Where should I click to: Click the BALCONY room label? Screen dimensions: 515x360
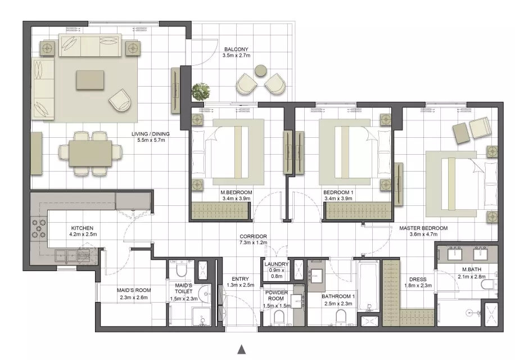point(236,49)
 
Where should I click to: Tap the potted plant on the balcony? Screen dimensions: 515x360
point(201,92)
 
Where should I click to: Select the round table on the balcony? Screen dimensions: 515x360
point(261,71)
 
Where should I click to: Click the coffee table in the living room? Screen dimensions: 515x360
point(91,80)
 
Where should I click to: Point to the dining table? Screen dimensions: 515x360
point(90,154)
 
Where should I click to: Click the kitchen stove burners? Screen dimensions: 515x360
point(38,228)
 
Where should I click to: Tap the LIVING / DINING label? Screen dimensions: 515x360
point(151,134)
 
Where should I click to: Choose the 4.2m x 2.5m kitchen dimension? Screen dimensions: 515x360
point(83,234)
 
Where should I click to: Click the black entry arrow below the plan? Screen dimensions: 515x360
point(241,349)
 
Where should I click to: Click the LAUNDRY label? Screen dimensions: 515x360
point(276,264)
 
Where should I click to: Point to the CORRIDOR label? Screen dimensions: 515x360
point(253,236)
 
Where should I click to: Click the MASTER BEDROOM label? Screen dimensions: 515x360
point(423,228)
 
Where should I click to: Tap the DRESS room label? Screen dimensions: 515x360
point(418,280)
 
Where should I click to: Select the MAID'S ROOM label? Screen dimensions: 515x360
point(134,290)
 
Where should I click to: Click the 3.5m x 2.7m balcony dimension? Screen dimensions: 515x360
point(236,56)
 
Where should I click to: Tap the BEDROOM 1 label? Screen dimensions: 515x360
point(338,192)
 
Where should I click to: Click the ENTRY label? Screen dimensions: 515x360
point(240,279)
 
